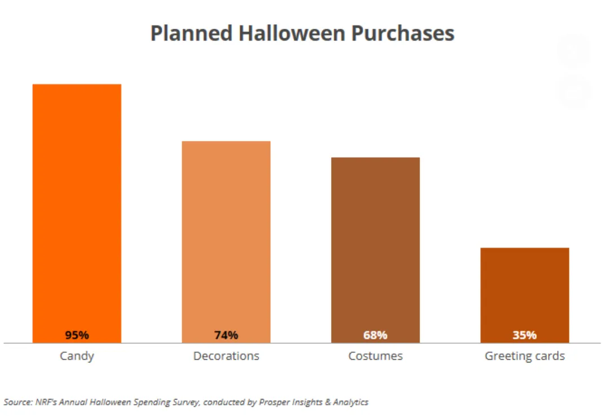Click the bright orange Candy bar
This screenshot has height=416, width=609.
tap(77, 209)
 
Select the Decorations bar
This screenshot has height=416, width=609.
tap(226, 237)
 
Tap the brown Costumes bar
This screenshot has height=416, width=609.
tap(376, 245)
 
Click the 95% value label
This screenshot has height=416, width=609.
tap(77, 335)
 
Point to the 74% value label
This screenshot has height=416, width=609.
tap(226, 335)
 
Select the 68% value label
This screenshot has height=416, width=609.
tap(376, 335)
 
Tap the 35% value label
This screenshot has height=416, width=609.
tap(524, 335)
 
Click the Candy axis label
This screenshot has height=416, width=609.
tap(77, 356)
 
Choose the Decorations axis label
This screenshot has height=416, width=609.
tap(226, 356)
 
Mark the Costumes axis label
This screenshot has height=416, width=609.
tap(376, 356)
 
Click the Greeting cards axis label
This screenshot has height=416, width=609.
tap(524, 356)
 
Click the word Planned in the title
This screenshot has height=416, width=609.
tap(191, 34)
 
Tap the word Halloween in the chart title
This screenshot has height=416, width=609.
tap(292, 33)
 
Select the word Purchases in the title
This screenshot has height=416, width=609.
tap(403, 33)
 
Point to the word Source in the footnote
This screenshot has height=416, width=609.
tap(16, 402)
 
